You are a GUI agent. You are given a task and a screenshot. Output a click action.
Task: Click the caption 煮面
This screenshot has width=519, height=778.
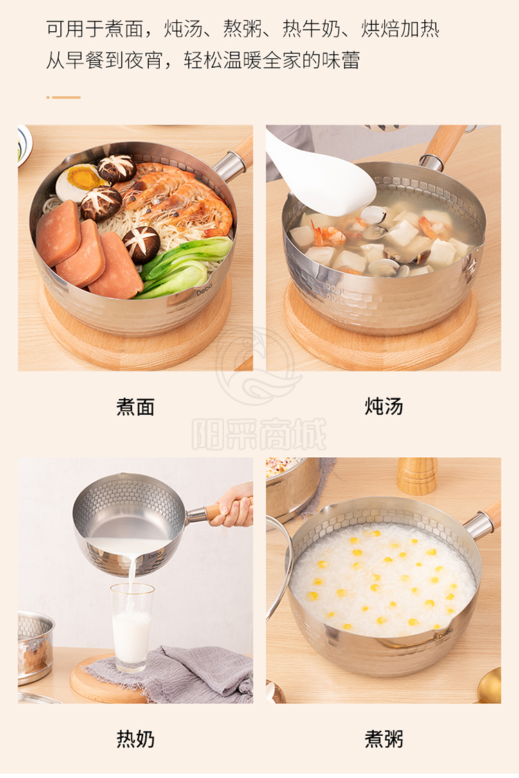coord(135,407)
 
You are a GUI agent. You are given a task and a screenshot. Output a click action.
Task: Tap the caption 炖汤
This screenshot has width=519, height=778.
coord(383,407)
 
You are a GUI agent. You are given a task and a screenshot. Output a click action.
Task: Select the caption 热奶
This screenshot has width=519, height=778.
coord(135,739)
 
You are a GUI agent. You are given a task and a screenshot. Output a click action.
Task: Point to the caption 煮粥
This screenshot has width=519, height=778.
coord(383,739)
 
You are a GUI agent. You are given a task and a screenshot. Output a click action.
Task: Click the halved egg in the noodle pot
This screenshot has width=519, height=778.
coord(78,182)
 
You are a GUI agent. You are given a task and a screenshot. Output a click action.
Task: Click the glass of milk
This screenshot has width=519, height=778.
coord(131,627)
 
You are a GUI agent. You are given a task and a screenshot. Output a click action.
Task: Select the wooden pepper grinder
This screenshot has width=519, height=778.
coord(417,476)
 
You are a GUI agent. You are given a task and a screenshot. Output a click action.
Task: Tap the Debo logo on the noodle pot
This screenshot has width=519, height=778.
coord(204,289)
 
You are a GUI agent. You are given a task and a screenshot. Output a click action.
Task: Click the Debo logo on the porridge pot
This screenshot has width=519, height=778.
coord(445,633)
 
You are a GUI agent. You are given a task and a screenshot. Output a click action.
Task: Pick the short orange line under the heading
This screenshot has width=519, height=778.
coord(64,98)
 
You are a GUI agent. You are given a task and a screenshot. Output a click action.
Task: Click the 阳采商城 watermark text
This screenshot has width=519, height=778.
coord(259,434)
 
